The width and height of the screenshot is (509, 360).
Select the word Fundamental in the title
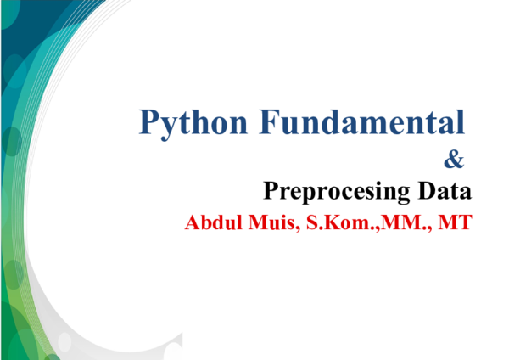click(x=364, y=122)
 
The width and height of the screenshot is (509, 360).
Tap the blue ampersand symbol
click(x=455, y=158)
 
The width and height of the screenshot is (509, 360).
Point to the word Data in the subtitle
click(x=444, y=190)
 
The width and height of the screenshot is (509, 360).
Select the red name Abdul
click(x=209, y=224)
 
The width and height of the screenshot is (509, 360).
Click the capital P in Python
click(x=149, y=122)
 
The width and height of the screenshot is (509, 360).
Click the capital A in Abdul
click(x=192, y=224)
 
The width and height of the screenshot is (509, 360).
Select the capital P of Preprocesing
click(x=271, y=190)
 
